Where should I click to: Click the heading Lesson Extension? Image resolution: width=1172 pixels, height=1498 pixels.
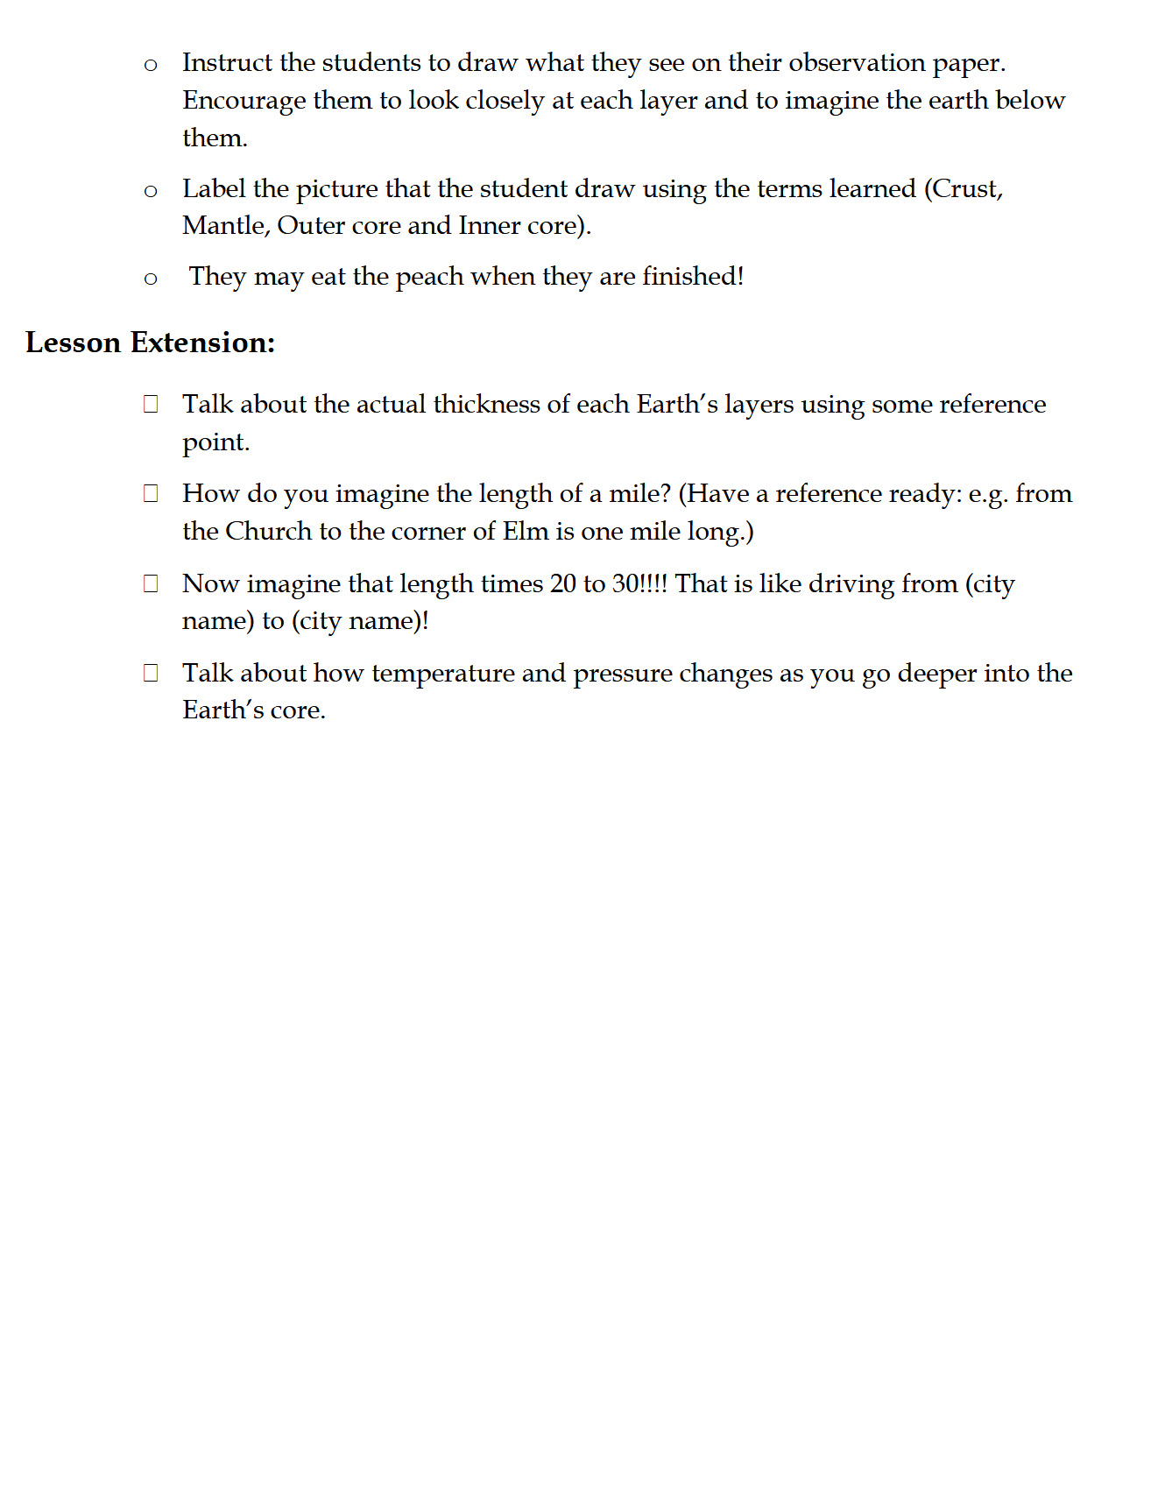click(x=150, y=343)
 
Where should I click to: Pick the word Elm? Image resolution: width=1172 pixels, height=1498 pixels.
click(x=525, y=532)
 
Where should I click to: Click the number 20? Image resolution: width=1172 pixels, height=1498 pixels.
click(x=562, y=584)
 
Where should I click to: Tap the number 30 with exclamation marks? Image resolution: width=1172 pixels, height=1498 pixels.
click(x=639, y=584)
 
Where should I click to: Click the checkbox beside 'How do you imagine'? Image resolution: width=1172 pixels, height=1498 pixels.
click(x=151, y=494)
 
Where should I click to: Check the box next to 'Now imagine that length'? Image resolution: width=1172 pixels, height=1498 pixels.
click(x=151, y=584)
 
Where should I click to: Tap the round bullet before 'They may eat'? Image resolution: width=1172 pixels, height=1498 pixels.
click(x=151, y=279)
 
